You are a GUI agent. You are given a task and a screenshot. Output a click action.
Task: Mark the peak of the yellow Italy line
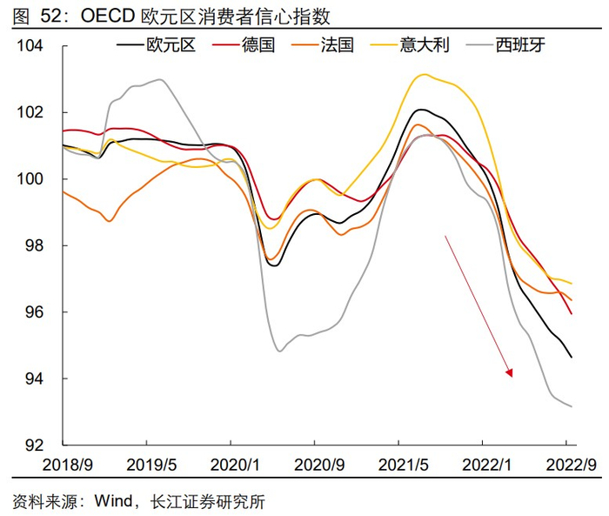click(423, 75)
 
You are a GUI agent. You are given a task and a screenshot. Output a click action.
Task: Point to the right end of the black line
click(572, 357)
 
